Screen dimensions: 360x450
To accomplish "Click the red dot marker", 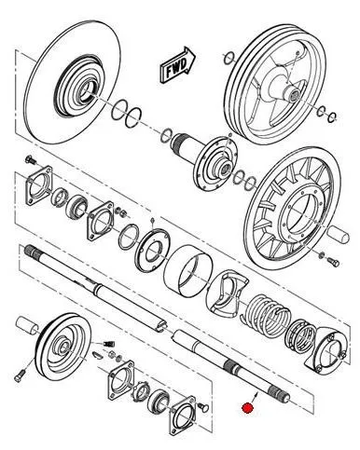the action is tap(247, 408).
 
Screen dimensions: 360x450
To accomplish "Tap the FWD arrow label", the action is tap(177, 65).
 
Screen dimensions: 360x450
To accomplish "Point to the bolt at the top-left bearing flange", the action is tap(31, 160).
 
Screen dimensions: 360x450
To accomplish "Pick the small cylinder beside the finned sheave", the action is tap(339, 235).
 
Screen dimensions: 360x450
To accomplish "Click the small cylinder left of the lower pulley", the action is tap(27, 326).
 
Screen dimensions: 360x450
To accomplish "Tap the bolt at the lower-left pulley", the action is tap(21, 375).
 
